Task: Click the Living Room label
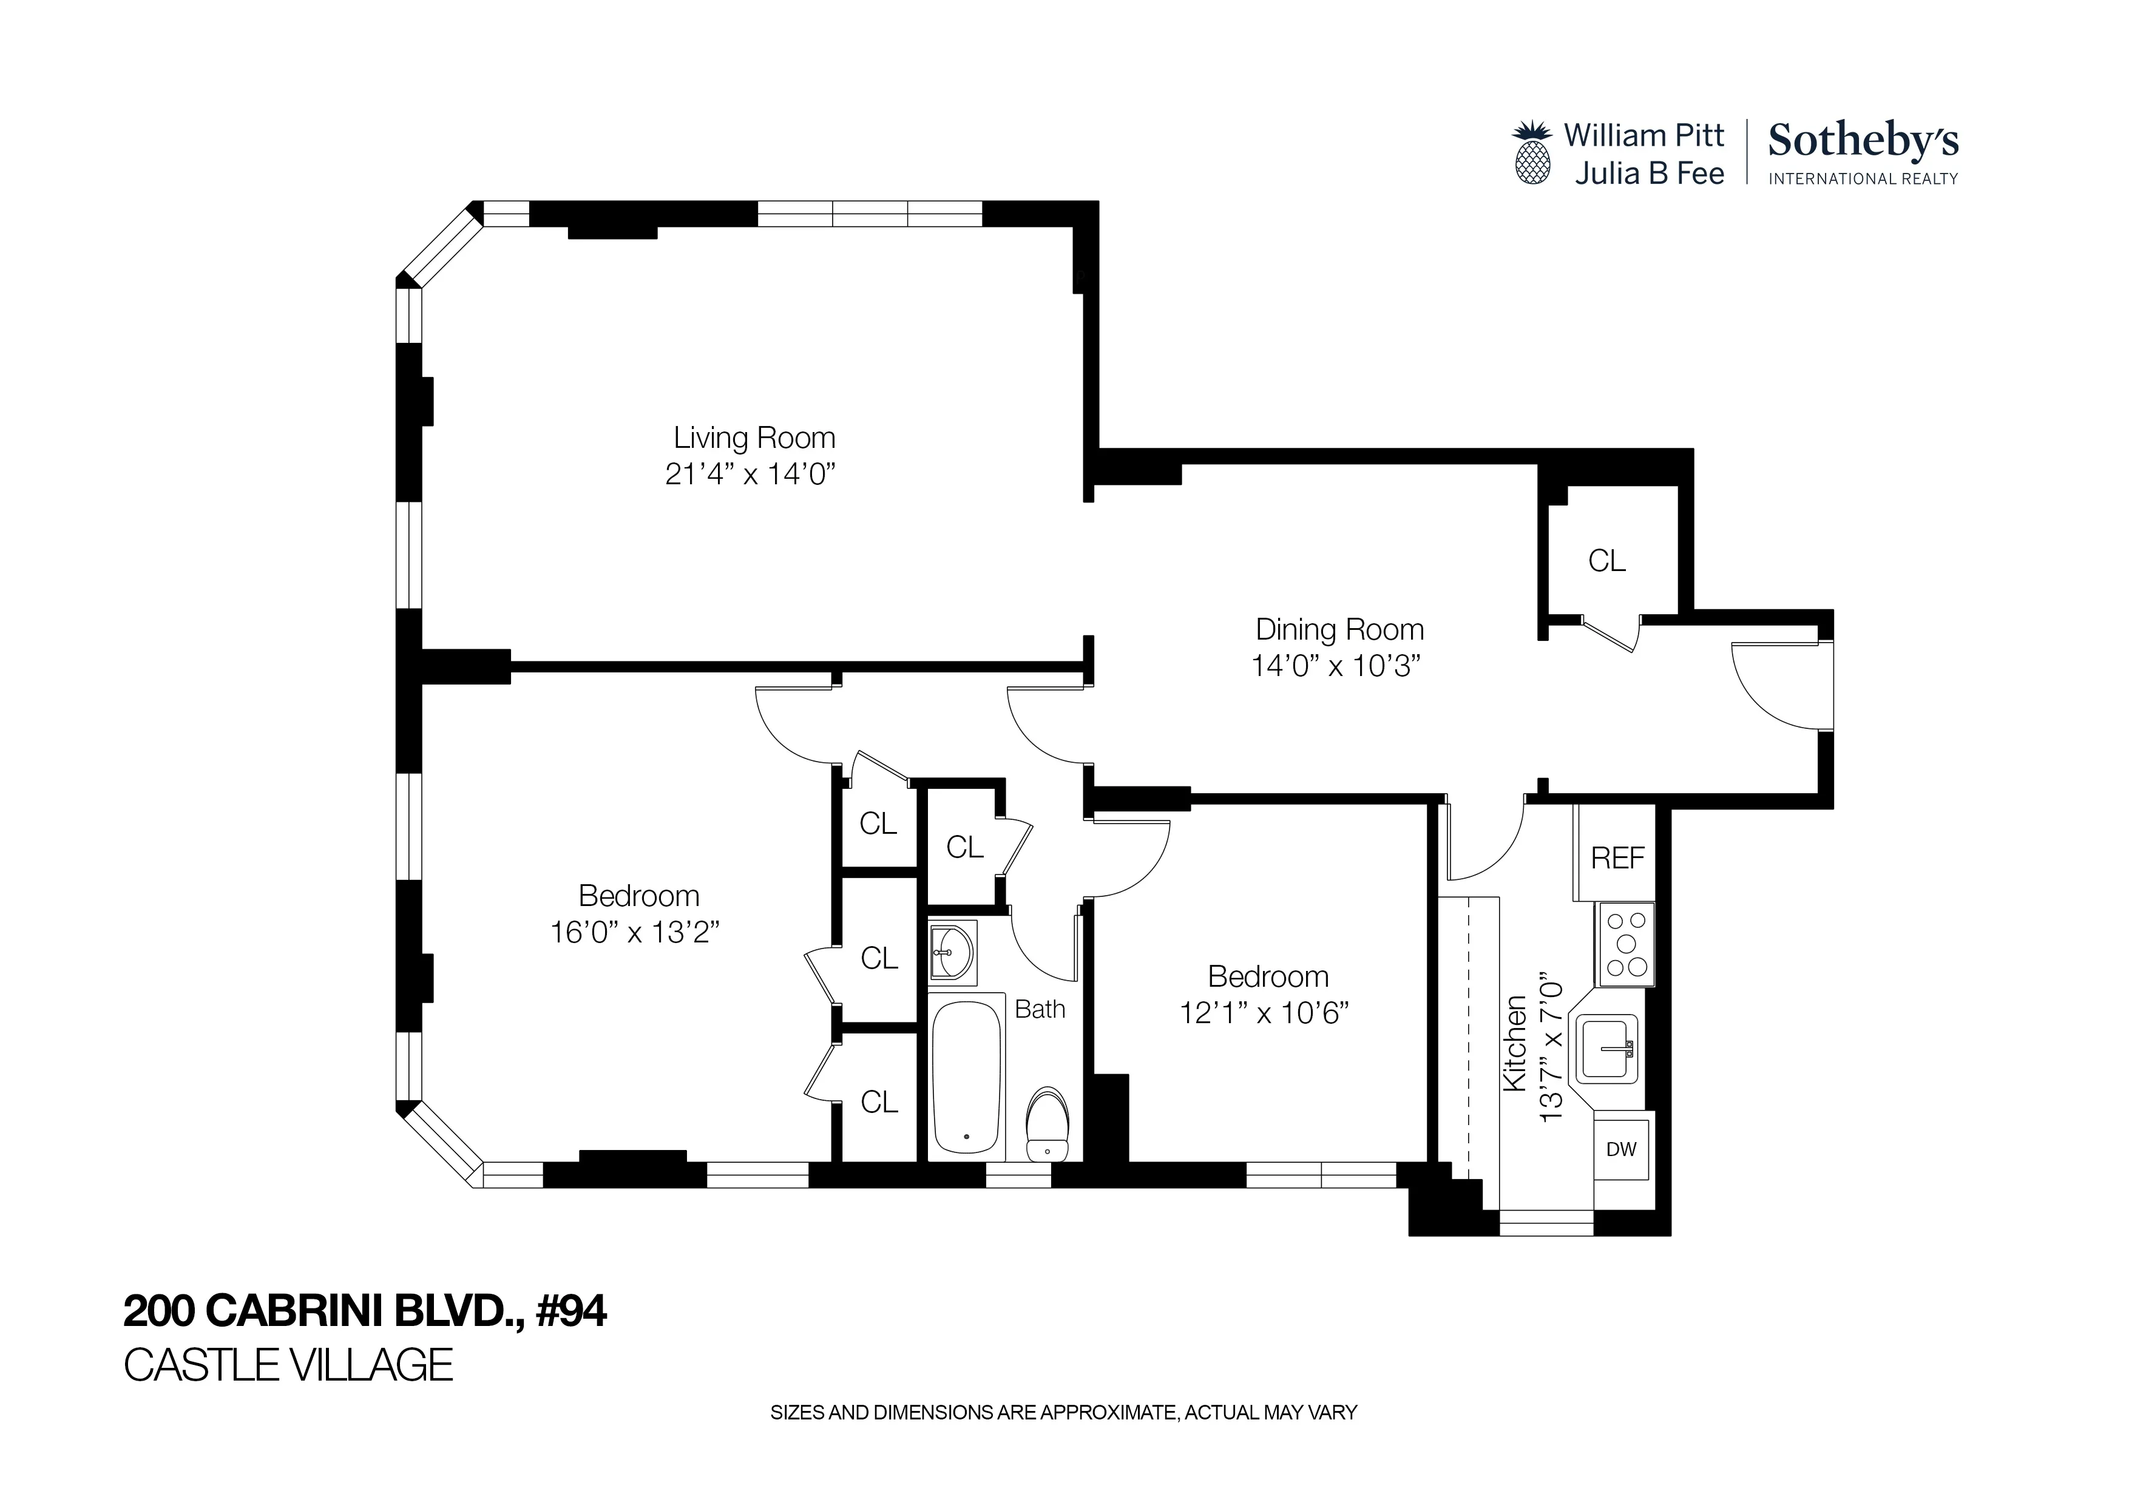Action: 753,438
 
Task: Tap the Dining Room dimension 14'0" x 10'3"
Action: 1336,666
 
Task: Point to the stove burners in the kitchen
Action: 1625,944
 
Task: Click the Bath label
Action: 1040,1009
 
